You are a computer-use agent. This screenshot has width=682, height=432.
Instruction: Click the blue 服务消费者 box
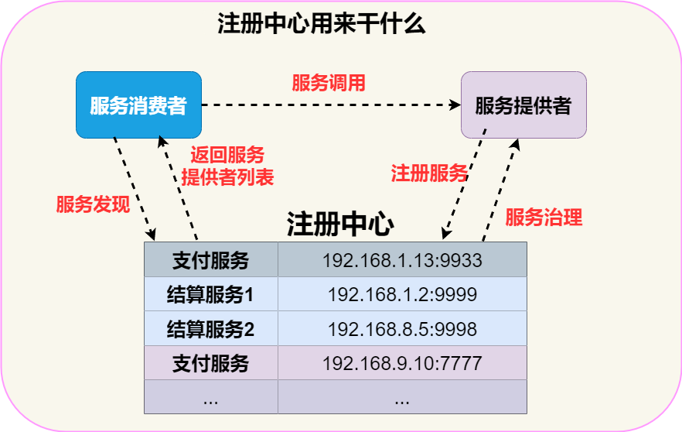pos(138,105)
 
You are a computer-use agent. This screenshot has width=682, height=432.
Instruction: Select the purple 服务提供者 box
pos(523,105)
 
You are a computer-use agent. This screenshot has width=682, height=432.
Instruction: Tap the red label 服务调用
pos(328,83)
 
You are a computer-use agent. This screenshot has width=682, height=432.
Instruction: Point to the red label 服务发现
pos(93,205)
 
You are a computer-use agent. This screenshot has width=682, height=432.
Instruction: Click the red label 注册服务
pos(429,173)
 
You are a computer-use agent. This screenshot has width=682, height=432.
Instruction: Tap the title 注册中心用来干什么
pos(322,24)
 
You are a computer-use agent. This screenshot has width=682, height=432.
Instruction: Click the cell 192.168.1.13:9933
pos(402,260)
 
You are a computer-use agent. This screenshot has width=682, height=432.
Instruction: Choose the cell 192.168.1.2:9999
pos(402,294)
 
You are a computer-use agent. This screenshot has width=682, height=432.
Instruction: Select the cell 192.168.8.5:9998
pos(402,329)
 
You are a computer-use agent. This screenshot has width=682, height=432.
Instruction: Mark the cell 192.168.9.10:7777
pos(402,362)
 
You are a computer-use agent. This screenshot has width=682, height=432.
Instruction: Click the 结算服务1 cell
pos(210,294)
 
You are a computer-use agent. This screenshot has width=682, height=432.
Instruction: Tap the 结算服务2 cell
pos(210,329)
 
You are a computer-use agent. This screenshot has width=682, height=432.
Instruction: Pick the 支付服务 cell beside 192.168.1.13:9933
pos(210,260)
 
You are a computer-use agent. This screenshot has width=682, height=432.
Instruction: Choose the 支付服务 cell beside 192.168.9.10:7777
pos(210,362)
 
